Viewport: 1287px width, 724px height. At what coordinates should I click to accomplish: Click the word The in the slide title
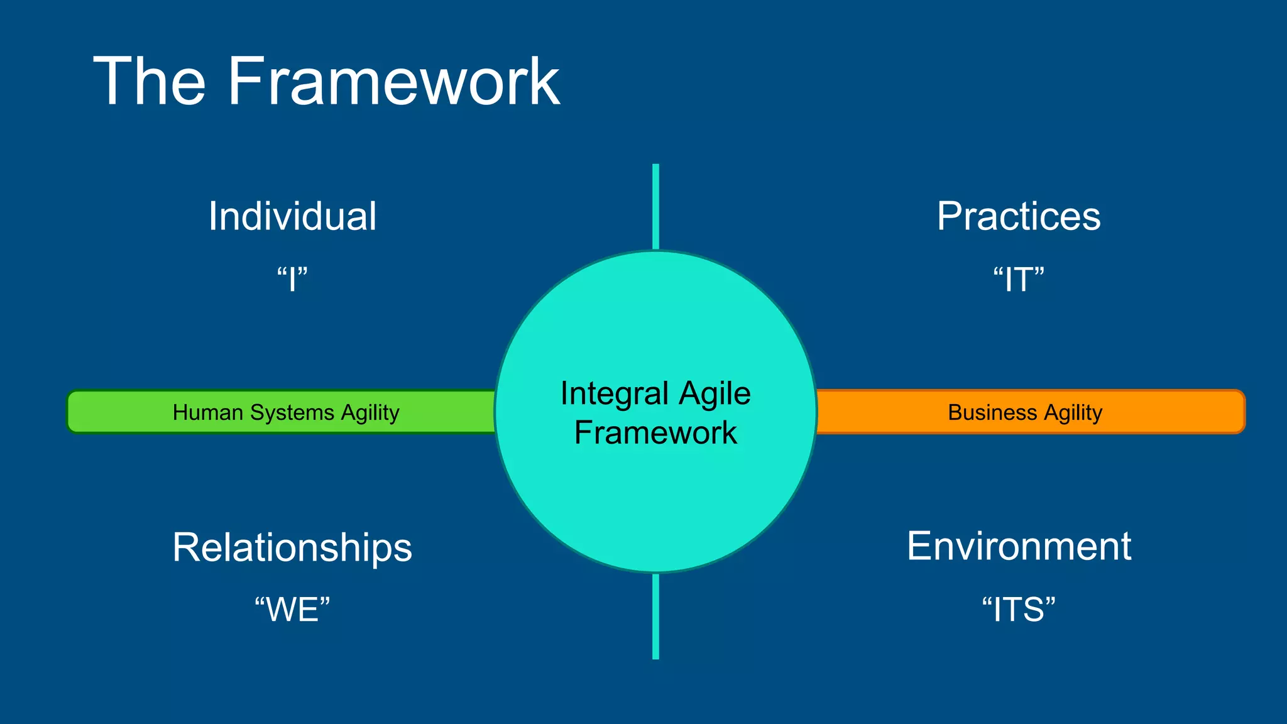coord(150,82)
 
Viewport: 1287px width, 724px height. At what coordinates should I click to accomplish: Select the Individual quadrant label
coord(292,216)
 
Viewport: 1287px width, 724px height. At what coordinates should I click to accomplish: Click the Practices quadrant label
coord(1018,216)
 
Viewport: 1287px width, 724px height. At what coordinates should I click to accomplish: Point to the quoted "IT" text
coord(1018,279)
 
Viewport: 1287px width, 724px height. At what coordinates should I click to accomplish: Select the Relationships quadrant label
coord(292,547)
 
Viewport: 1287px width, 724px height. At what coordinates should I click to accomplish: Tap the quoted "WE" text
coord(292,610)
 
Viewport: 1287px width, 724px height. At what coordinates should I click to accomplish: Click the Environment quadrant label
coord(1018,546)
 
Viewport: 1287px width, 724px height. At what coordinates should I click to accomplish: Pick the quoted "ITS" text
coord(1018,610)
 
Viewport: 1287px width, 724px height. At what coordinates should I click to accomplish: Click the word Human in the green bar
coord(207,412)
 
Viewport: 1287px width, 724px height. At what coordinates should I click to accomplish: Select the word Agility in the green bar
coord(370,413)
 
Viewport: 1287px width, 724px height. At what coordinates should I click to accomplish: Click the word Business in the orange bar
coord(992,412)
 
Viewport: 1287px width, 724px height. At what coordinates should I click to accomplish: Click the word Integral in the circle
coord(614,394)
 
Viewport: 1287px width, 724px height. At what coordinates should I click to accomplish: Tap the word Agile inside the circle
coord(715,394)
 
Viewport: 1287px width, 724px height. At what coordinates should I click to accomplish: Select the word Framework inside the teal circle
coord(655,432)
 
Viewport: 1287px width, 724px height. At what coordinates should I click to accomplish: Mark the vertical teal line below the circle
coord(655,616)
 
